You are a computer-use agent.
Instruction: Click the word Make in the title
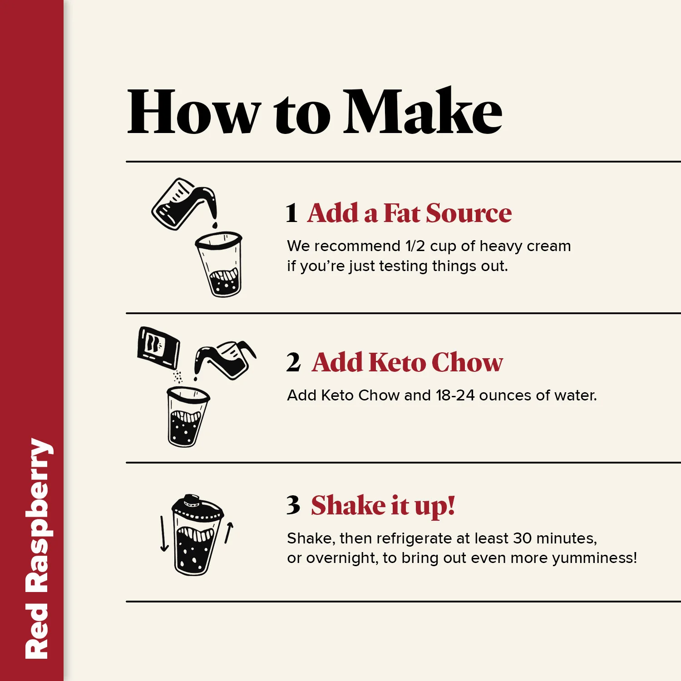point(423,111)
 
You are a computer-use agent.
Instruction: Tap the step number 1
point(291,213)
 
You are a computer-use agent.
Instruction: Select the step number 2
point(293,362)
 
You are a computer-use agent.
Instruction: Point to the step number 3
point(293,505)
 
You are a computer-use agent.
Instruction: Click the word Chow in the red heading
point(467,362)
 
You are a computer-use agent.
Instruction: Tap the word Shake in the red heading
point(348,505)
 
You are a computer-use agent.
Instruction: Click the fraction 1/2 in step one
point(415,246)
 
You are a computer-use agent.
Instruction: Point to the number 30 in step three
point(522,538)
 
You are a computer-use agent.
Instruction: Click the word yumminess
point(592,558)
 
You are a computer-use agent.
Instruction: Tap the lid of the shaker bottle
point(197,508)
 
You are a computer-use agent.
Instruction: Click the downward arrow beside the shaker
point(164,533)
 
